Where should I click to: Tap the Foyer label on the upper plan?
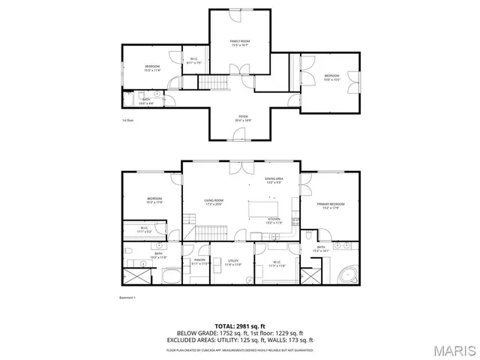coord(243,118)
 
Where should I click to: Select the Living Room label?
coord(214,202)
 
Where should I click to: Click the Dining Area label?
coord(274,180)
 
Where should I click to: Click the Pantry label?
coord(199,262)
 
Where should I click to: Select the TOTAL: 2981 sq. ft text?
coord(239,327)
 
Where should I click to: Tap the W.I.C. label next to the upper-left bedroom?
coord(193,60)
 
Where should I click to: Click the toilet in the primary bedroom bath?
coord(310,235)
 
